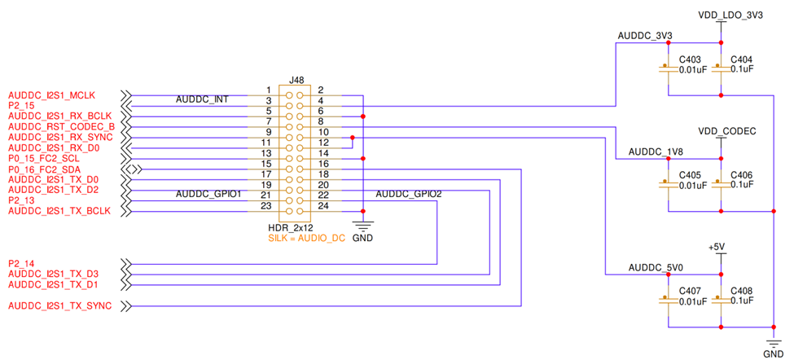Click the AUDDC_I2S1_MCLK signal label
[51, 95]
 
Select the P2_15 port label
[21, 106]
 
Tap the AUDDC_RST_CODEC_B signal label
[61, 127]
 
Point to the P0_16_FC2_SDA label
[44, 169]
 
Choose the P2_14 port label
[21, 264]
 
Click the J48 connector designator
[297, 80]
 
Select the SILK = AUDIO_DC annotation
[306, 238]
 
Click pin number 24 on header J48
[322, 206]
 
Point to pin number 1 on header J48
[268, 90]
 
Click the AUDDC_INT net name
[202, 100]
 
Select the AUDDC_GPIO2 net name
[409, 195]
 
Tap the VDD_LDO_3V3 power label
[730, 15]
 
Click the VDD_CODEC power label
[727, 131]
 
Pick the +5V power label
[717, 247]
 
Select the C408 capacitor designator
[742, 291]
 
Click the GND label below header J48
[362, 239]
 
